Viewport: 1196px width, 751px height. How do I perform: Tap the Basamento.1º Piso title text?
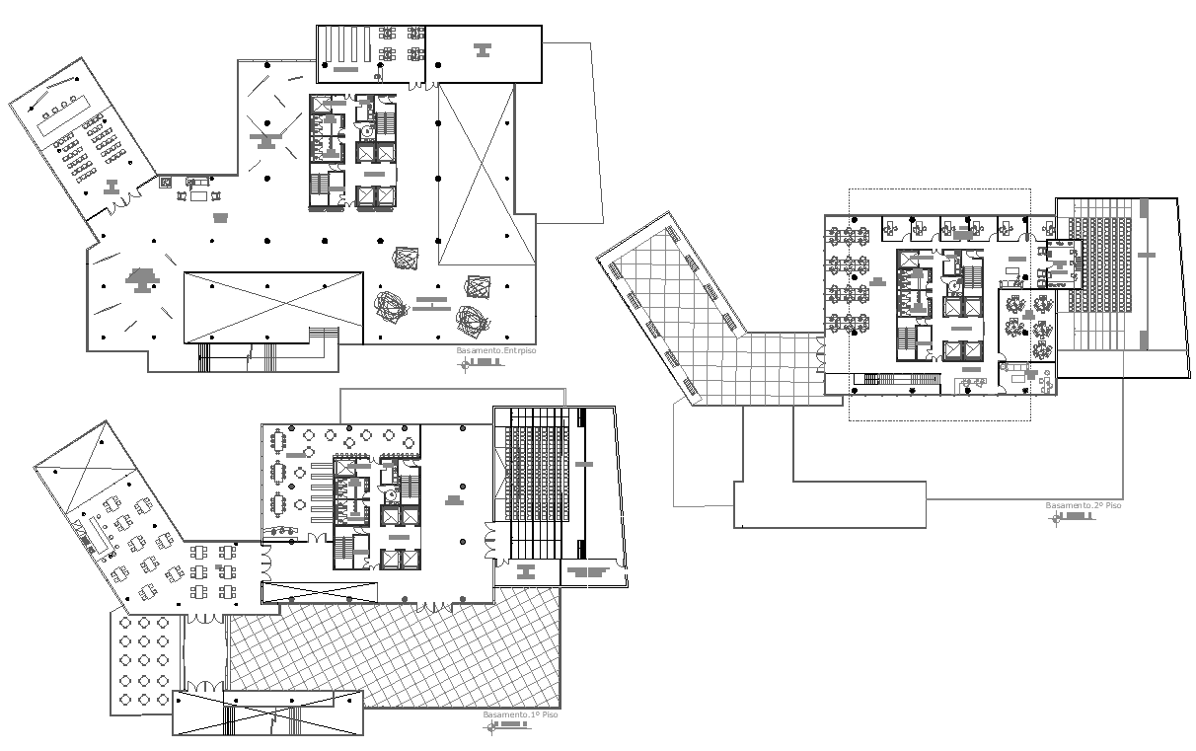point(520,714)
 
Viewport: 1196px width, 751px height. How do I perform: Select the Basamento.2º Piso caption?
point(1084,505)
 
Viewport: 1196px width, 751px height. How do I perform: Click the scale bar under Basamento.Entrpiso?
point(483,363)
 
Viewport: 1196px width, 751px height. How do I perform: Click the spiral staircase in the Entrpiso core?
point(368,129)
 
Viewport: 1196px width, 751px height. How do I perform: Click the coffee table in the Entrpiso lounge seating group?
point(197,194)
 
